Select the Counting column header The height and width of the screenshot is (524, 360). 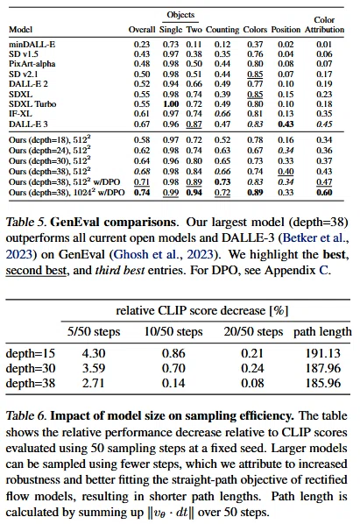[x=222, y=30]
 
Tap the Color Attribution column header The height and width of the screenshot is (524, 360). [x=324, y=25]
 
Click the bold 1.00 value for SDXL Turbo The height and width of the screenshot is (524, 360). [x=171, y=104]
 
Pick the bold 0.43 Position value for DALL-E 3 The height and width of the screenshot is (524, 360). [x=286, y=124]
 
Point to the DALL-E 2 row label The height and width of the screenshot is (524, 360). [x=28, y=83]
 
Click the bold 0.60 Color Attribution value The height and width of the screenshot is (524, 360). [x=324, y=193]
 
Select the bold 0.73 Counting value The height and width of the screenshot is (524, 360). [x=222, y=181]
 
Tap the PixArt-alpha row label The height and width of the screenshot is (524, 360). [x=32, y=63]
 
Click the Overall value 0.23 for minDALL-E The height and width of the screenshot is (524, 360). [x=142, y=44]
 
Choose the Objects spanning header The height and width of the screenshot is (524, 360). [x=180, y=15]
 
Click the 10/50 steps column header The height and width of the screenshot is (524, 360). [x=173, y=331]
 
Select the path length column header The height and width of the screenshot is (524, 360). [x=322, y=331]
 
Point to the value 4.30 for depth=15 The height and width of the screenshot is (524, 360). [x=94, y=353]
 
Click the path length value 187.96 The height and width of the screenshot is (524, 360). [x=323, y=368]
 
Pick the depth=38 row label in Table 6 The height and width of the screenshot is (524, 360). [x=31, y=383]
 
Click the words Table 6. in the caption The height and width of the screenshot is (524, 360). [x=26, y=415]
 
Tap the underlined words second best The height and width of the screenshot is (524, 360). [x=36, y=270]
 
